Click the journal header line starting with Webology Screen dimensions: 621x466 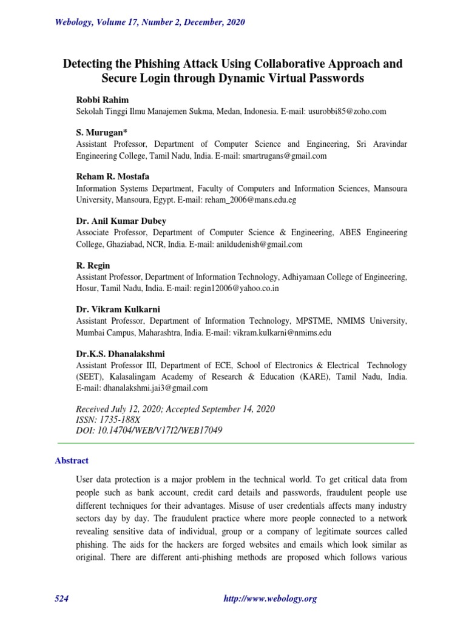pos(150,22)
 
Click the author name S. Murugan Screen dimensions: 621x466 pos(101,132)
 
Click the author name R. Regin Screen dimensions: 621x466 pos(93,265)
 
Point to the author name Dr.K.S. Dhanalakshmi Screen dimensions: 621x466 pos(120,354)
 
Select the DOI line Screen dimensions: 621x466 pos(149,431)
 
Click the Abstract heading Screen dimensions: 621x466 pos(72,461)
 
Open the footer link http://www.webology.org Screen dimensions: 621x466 pos(271,599)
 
